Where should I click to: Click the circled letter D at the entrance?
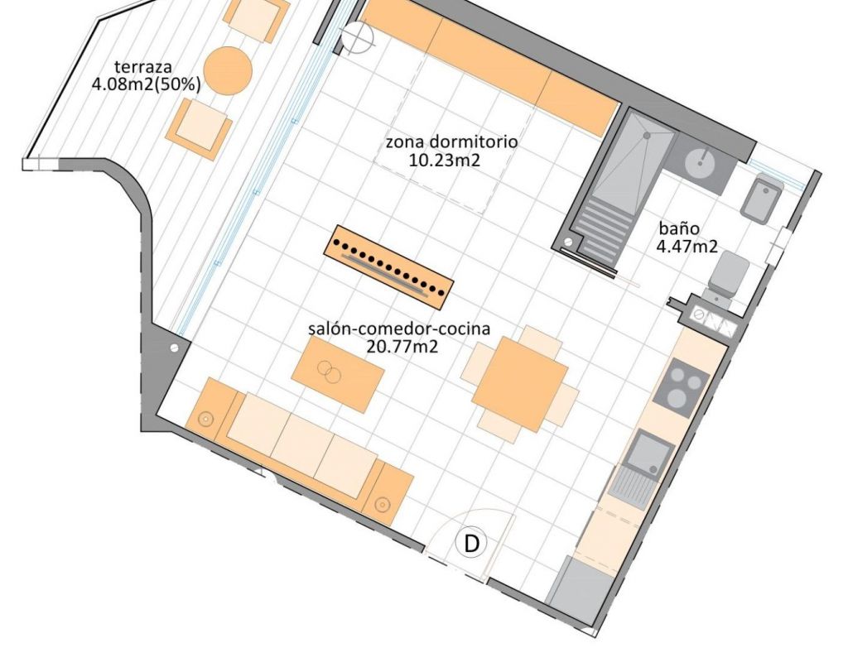click(471, 543)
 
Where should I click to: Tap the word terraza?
click(143, 67)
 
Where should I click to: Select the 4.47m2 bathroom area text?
click(687, 247)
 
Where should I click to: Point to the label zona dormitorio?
click(451, 142)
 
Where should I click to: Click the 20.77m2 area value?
click(402, 346)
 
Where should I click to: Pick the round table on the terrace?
click(229, 71)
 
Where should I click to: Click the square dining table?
click(520, 384)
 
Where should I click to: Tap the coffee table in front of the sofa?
click(338, 374)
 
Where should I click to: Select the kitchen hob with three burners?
click(681, 388)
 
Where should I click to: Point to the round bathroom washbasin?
click(701, 162)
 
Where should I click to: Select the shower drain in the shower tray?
click(646, 136)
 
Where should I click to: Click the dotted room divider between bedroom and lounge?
click(389, 267)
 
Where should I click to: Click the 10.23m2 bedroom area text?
click(444, 160)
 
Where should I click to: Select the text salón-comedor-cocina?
click(399, 329)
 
